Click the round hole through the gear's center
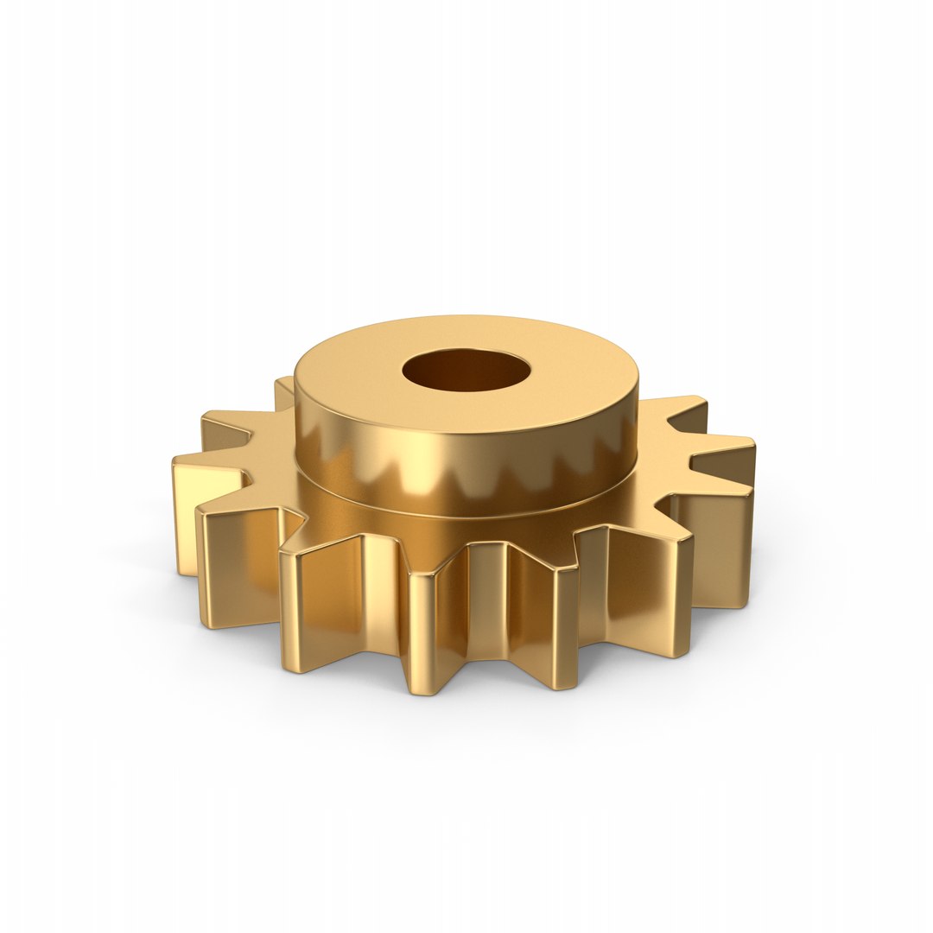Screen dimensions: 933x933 coord(465,371)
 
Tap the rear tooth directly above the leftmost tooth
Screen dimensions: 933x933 coord(229,428)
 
